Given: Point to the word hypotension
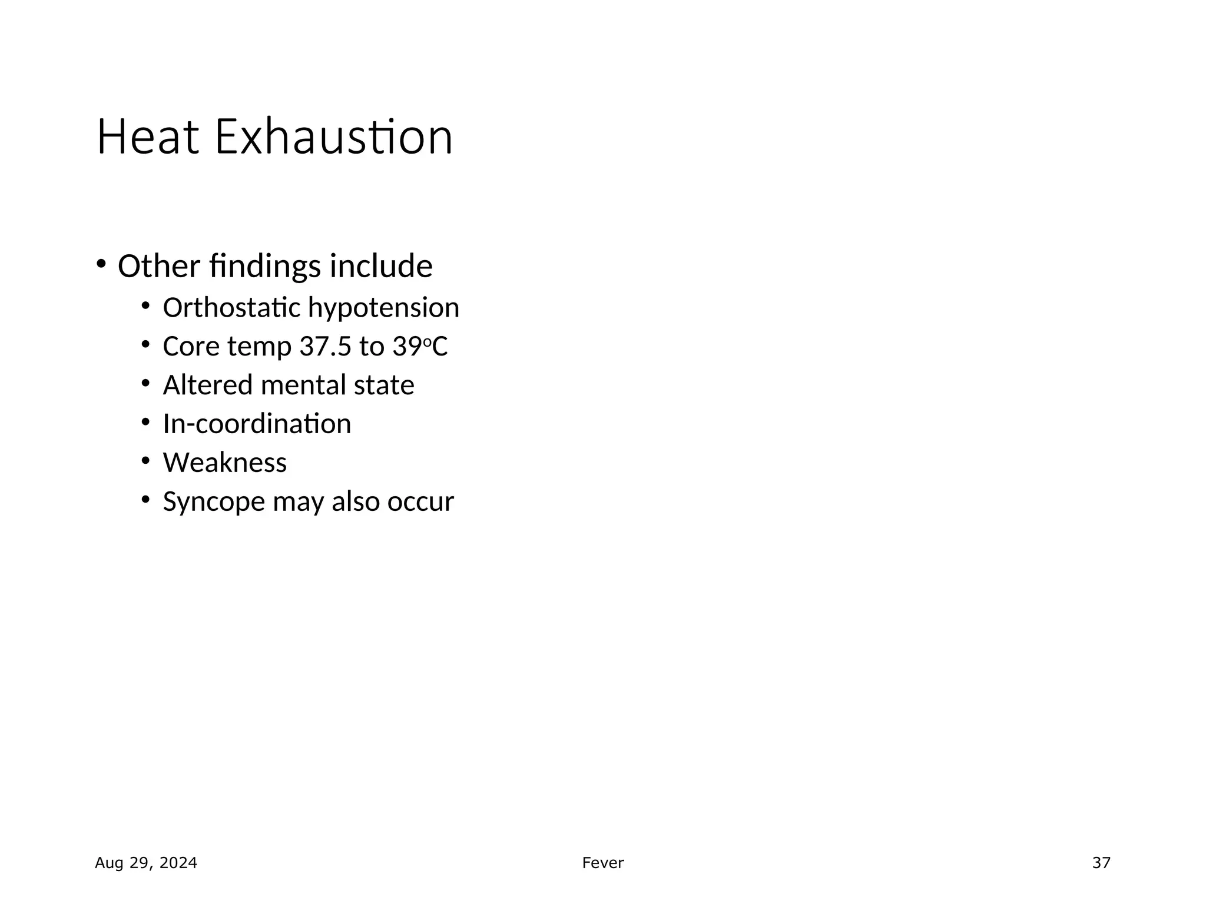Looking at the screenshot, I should point(383,308).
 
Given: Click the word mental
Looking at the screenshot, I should point(303,385).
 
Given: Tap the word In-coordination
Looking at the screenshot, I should point(257,424).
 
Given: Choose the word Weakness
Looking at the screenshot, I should point(225,463).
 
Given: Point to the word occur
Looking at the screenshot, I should point(420,502).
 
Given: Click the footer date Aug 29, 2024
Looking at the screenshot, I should point(146,863).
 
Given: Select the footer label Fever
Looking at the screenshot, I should point(603,863).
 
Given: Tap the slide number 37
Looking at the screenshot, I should point(1101,863).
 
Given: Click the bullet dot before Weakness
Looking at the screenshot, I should point(145,460).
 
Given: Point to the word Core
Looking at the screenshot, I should point(191,347).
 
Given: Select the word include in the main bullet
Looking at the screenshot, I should point(381,266).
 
